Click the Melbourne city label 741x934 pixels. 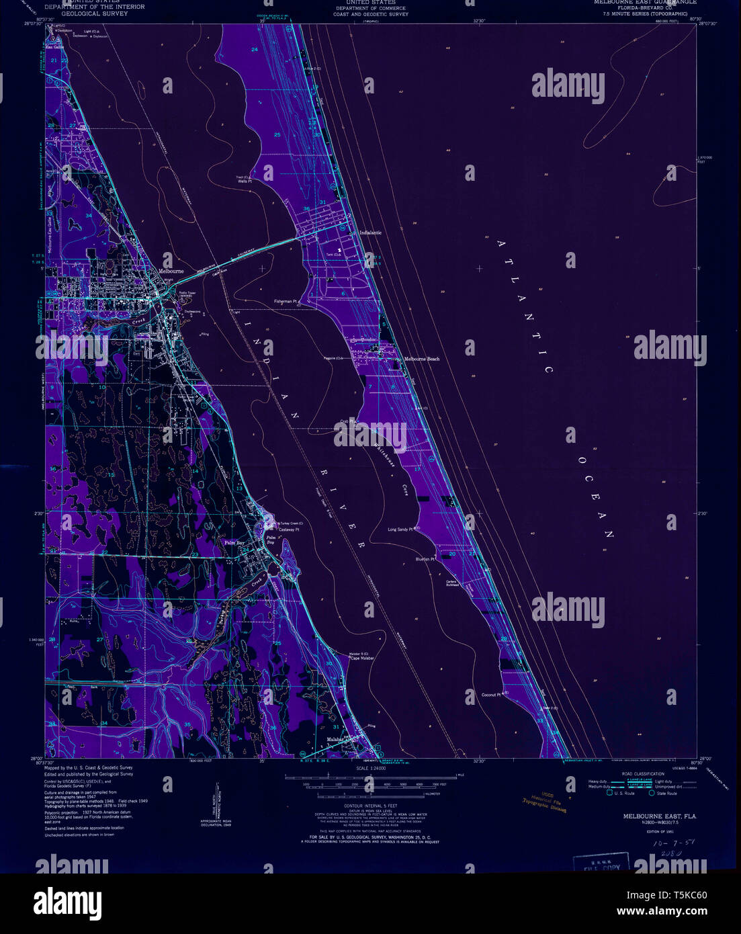[171, 271]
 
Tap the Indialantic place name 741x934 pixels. [370, 232]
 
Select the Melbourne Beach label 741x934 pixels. [421, 359]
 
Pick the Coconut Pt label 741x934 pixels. [491, 694]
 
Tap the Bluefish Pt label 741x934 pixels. [425, 559]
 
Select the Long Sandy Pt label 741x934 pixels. [401, 529]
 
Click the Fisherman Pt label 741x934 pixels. [285, 302]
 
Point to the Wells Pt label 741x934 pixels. [244, 181]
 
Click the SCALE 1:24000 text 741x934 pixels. [371, 767]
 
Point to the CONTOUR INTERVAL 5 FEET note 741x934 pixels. [371, 805]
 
